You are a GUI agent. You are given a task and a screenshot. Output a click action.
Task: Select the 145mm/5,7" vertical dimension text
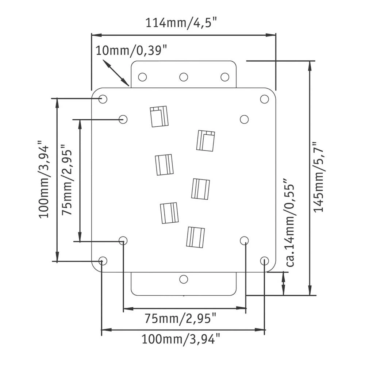pos(320,176)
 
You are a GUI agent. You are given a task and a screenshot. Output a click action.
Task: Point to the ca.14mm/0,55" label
pos(290,223)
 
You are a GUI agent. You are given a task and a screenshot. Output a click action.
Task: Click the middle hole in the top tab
pos(184,77)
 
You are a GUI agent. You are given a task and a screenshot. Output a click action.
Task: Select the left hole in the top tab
pos(142,77)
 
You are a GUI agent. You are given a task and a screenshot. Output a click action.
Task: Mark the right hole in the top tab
pos(225,77)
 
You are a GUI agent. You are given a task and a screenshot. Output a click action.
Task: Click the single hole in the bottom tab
pos(184,279)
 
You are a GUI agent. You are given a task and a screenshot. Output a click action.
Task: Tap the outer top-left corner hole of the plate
pos(103,99)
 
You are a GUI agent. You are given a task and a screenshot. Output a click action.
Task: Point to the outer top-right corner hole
pos(264,99)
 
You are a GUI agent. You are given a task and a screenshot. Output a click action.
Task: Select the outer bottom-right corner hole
pos(264,260)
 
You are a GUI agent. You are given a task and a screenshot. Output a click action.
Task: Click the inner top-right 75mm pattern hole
pos(244,119)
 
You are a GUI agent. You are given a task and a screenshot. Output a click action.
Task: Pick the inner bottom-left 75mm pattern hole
pos(123,240)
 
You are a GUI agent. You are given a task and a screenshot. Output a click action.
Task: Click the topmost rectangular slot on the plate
pos(159,116)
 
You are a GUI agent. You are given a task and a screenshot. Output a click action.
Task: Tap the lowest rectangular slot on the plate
pos(195,237)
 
